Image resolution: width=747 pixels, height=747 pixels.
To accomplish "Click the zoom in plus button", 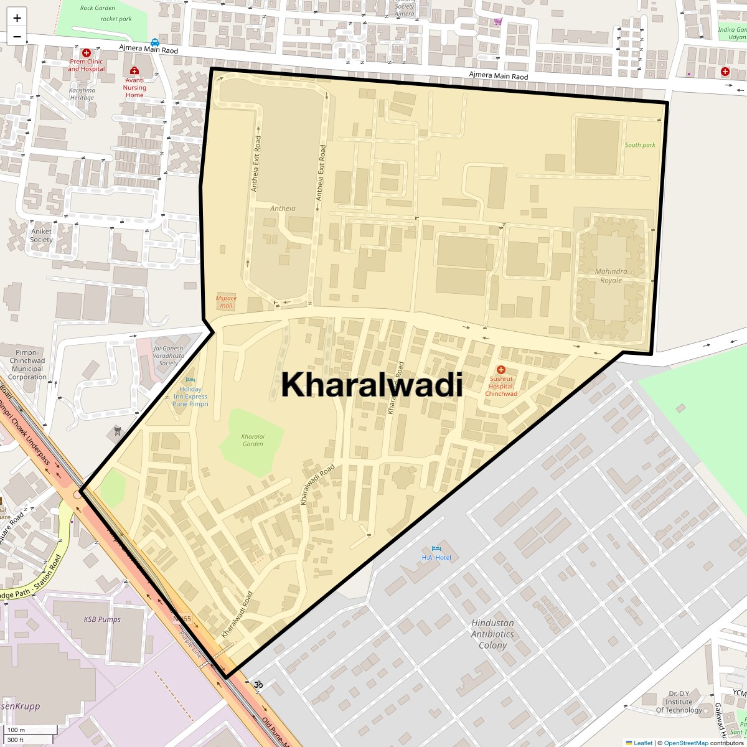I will (17, 17).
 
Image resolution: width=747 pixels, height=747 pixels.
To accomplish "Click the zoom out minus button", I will (17, 36).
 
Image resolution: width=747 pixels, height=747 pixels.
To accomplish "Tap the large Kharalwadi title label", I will (372, 385).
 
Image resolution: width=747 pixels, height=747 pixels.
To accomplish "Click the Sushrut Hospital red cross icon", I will (501, 370).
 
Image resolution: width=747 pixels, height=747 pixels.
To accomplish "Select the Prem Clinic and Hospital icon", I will (87, 54).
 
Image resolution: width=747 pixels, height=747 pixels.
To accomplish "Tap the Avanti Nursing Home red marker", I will (134, 71).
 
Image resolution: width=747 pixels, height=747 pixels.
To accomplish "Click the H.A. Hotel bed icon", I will (436, 548).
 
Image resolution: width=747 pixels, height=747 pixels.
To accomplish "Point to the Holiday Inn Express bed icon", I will (190, 380).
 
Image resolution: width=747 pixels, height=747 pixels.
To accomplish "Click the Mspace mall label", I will (226, 302).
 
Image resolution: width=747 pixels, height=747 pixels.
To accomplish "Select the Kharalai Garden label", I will (252, 440).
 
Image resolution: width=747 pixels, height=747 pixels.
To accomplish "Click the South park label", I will (640, 145).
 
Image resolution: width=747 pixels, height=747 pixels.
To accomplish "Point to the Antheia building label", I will (283, 209).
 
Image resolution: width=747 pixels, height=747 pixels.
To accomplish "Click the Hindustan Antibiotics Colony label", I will (492, 634).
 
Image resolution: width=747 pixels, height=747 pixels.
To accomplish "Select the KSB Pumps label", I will (102, 619).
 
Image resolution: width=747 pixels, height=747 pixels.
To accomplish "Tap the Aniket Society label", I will (42, 235).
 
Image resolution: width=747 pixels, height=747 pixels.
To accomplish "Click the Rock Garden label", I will (98, 8).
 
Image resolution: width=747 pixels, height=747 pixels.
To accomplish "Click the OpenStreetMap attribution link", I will (685, 743).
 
